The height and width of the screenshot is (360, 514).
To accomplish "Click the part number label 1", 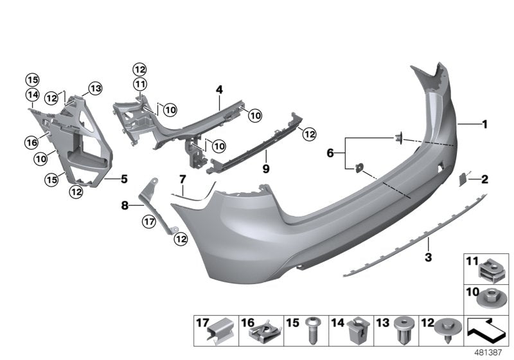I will [486, 124].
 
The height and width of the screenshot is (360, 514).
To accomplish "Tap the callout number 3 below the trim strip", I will [429, 258].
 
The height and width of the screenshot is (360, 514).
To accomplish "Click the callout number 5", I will [124, 179].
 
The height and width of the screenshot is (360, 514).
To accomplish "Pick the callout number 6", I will [331, 153].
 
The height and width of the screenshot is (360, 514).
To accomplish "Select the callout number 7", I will [182, 178].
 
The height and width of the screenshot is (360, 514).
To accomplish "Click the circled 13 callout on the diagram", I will [95, 88].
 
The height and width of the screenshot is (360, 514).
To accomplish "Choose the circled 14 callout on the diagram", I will [32, 95].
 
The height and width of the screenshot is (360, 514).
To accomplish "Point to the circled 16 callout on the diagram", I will [31, 142].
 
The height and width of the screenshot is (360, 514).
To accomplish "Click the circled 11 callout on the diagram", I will [140, 84].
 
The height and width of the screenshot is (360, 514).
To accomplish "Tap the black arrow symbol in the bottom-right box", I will [487, 331].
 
